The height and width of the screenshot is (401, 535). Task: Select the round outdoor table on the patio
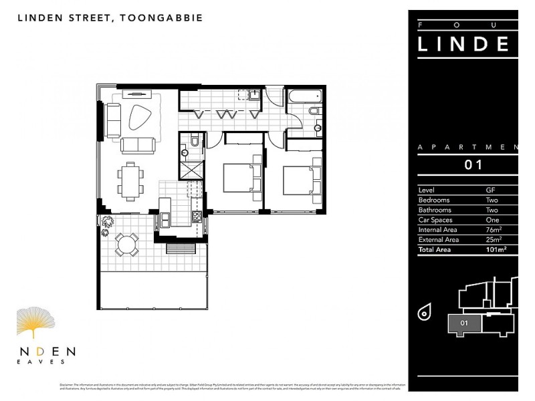(126, 244)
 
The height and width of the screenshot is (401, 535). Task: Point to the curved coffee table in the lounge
(139, 118)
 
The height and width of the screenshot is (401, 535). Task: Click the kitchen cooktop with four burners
(197, 217)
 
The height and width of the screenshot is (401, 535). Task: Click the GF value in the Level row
(490, 190)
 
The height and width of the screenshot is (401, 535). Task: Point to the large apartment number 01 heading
(473, 164)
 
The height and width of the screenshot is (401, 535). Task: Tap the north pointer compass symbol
(424, 311)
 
